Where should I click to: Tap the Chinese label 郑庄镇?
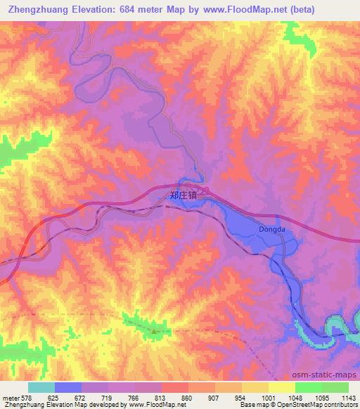(184, 197)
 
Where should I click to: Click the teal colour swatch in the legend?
(41, 387)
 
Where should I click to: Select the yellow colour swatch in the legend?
(282, 387)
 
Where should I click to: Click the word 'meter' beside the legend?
(11, 398)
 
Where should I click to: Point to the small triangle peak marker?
(155, 327)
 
